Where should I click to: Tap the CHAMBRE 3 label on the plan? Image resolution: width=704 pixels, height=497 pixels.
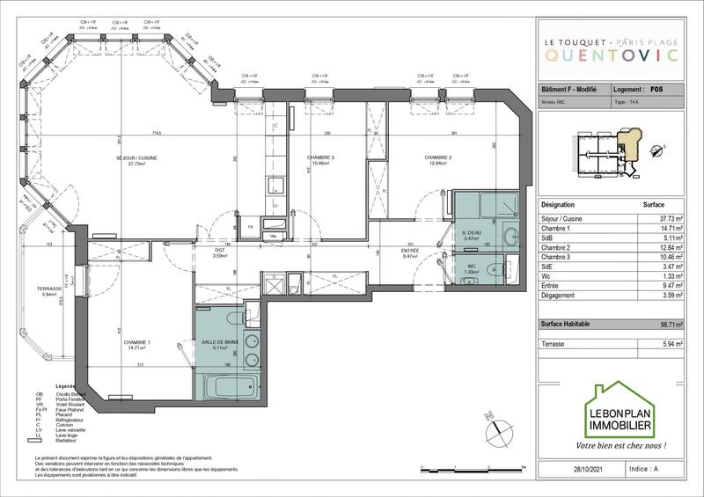[x=320, y=158]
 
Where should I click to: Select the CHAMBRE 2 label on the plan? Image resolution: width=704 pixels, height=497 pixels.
[x=440, y=158]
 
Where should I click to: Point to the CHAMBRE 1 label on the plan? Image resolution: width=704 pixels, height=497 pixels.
[x=136, y=343]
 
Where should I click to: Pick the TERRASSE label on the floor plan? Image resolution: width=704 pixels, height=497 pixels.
[x=49, y=289]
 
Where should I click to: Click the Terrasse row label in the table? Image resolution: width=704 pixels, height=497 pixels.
[x=554, y=345]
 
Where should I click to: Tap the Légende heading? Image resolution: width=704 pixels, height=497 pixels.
[x=67, y=386]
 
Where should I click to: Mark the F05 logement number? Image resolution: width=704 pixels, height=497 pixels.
[x=656, y=89]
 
